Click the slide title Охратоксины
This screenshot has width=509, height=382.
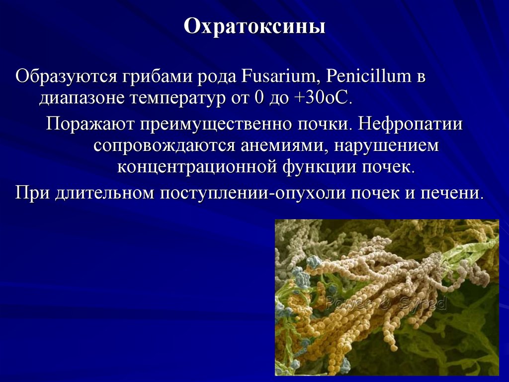point(254,26)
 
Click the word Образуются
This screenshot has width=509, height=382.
point(65,78)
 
